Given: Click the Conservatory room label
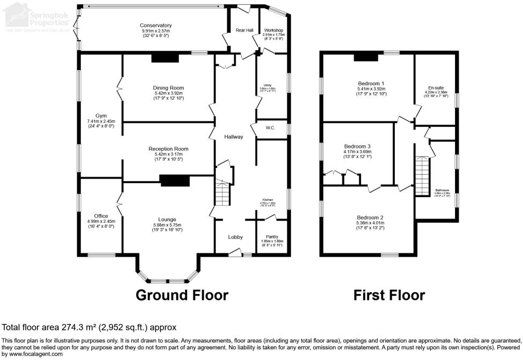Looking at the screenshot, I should pyautogui.click(x=155, y=25).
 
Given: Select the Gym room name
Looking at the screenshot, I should pyautogui.click(x=101, y=116).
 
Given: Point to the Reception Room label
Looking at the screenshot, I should pyautogui.click(x=168, y=149).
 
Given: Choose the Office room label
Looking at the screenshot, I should pyautogui.click(x=101, y=216).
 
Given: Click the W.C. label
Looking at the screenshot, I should pyautogui.click(x=270, y=128).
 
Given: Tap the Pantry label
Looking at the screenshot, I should pyautogui.click(x=273, y=237).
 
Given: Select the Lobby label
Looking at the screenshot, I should pyautogui.click(x=236, y=237).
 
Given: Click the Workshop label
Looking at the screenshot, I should pyautogui.click(x=273, y=31).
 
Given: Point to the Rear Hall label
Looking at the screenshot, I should pyautogui.click(x=244, y=31).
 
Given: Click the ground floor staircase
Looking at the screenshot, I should pyautogui.click(x=222, y=193).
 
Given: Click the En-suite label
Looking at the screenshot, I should pyautogui.click(x=435, y=87).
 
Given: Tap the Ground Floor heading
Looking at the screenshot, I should pyautogui.click(x=182, y=295).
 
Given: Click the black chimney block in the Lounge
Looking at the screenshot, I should pyautogui.click(x=175, y=182).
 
